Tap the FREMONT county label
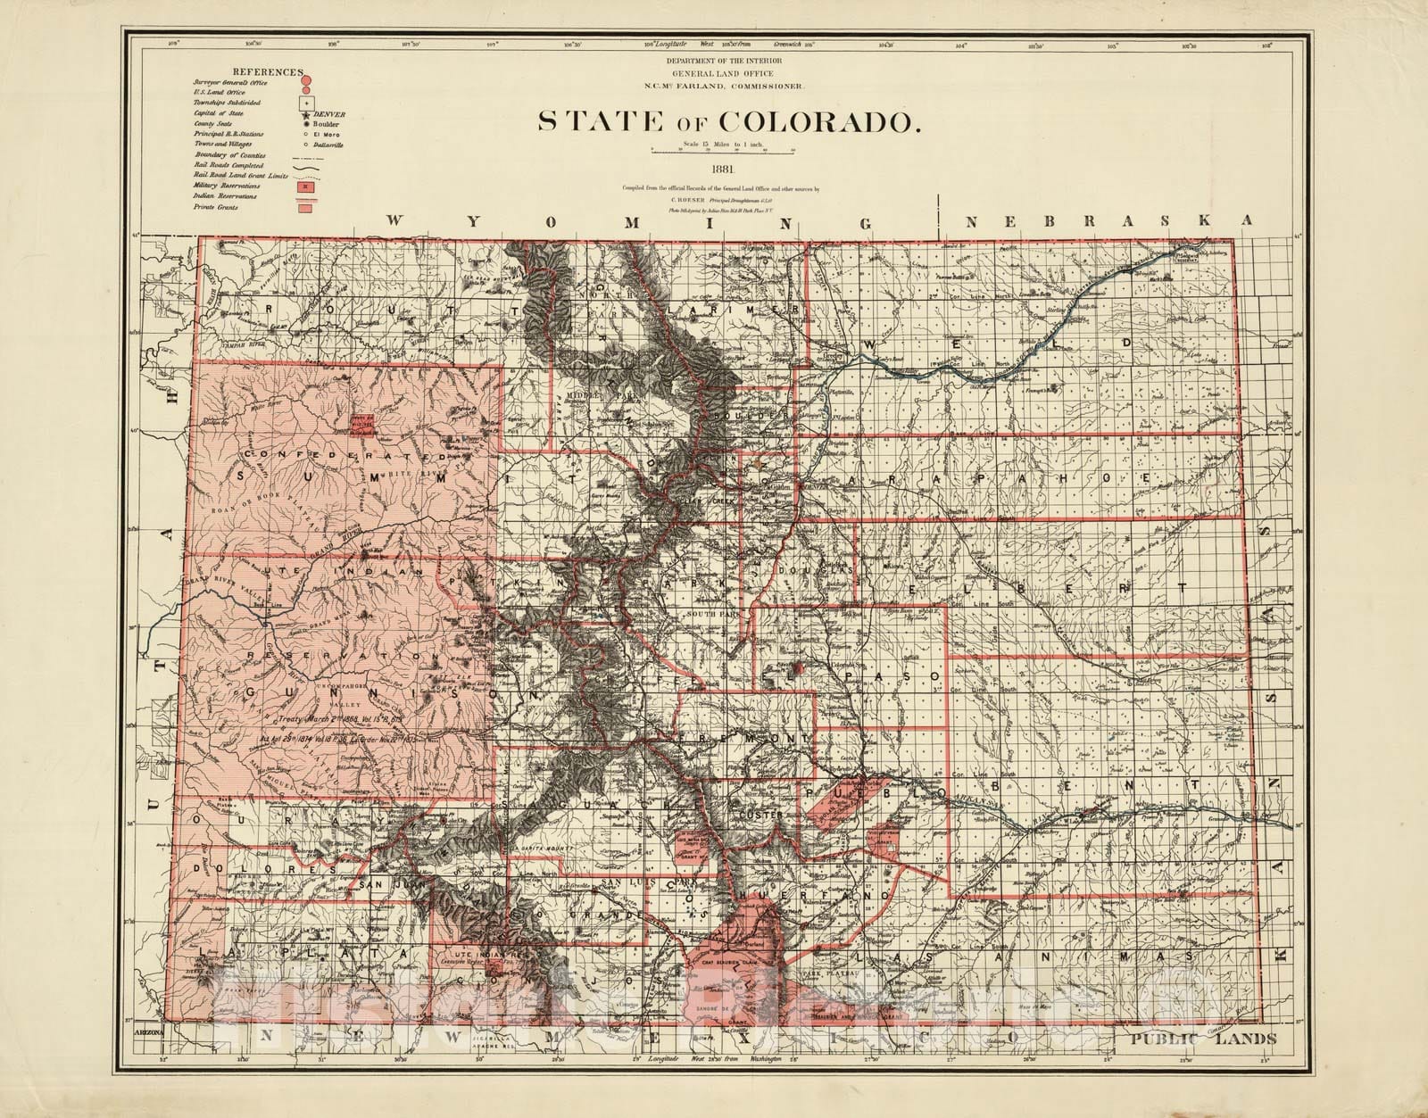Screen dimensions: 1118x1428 [x=745, y=739]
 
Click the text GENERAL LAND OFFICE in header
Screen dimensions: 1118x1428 [x=722, y=72]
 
